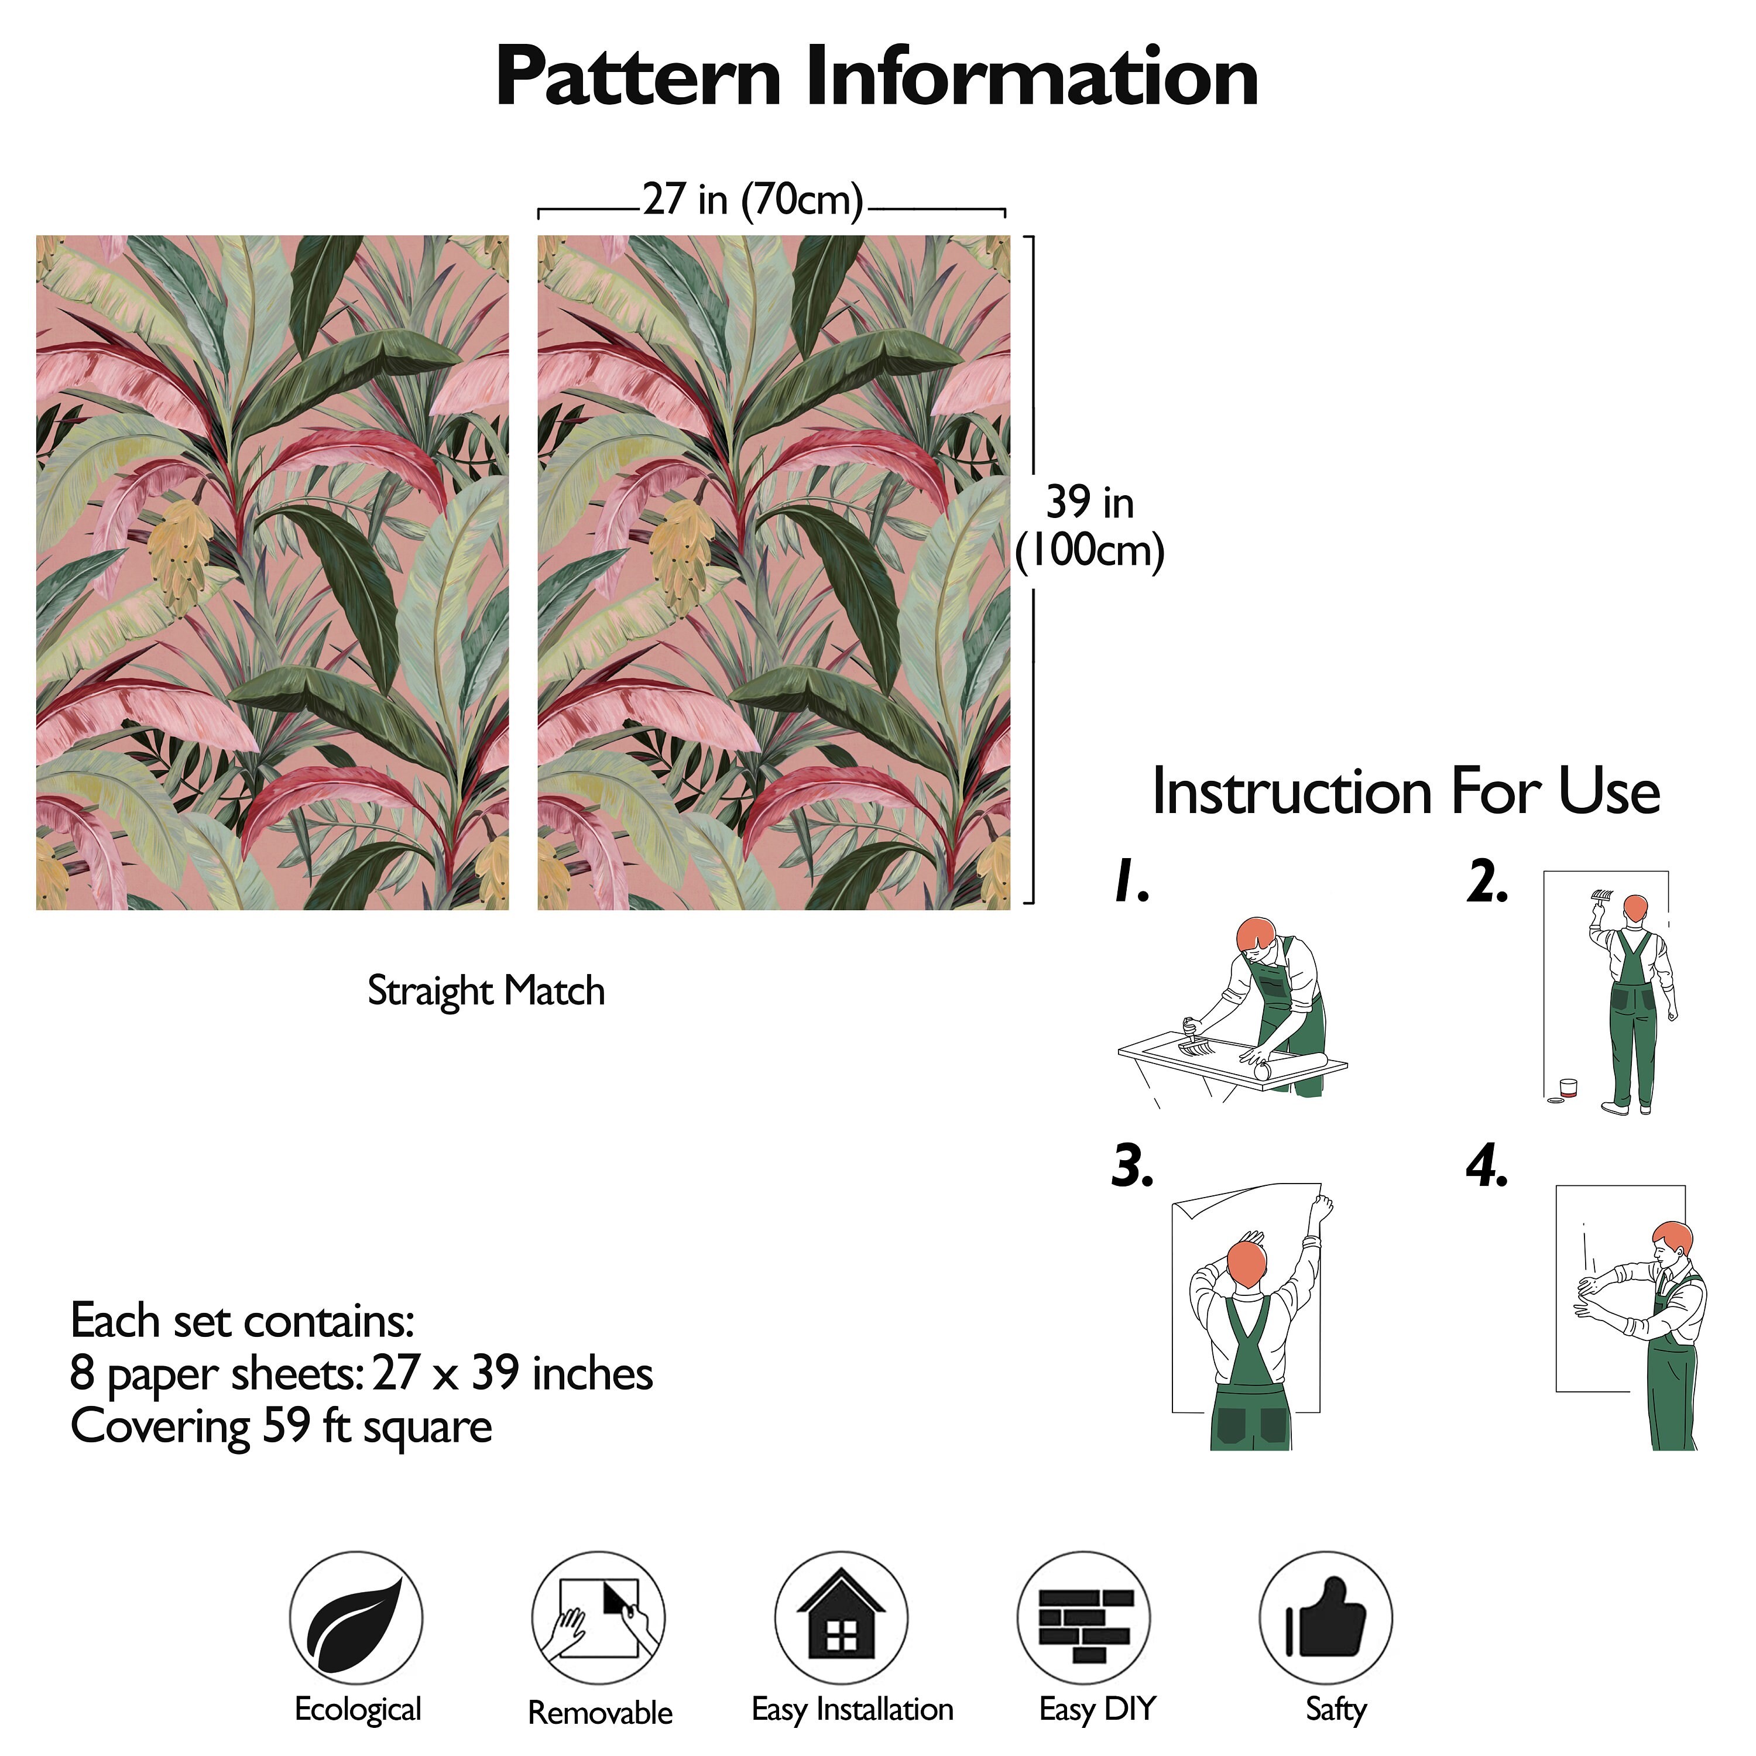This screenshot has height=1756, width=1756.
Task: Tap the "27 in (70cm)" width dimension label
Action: tap(753, 199)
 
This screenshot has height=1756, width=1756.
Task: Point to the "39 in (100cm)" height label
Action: tap(1090, 526)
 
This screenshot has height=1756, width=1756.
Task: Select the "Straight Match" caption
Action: tap(486, 991)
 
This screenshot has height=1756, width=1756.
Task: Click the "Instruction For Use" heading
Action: tap(1406, 791)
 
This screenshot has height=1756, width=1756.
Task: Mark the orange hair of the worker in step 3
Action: tap(1247, 1263)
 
